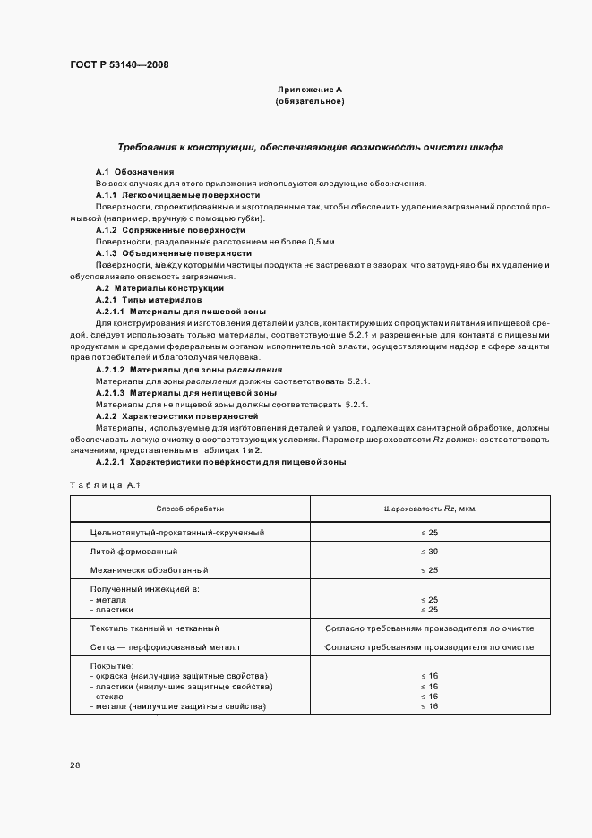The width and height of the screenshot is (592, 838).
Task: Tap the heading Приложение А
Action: click(x=310, y=90)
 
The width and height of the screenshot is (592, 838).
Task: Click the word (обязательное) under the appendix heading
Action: click(x=310, y=102)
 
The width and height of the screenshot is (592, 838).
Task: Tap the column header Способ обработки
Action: click(x=190, y=509)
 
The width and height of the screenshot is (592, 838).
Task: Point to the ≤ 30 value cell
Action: click(x=429, y=551)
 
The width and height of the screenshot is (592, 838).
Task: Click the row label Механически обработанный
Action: click(x=150, y=569)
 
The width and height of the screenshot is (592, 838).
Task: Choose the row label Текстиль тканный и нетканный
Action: click(x=155, y=628)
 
